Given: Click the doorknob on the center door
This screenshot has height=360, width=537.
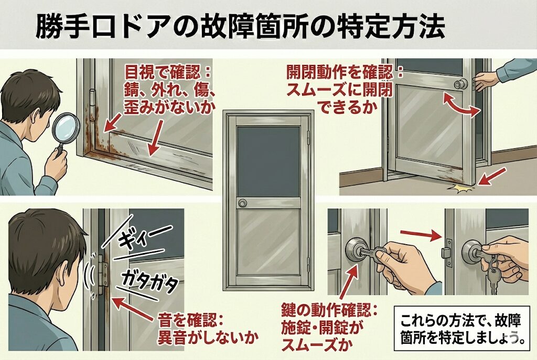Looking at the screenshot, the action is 243,203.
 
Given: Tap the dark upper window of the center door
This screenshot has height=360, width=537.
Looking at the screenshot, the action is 268,162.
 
